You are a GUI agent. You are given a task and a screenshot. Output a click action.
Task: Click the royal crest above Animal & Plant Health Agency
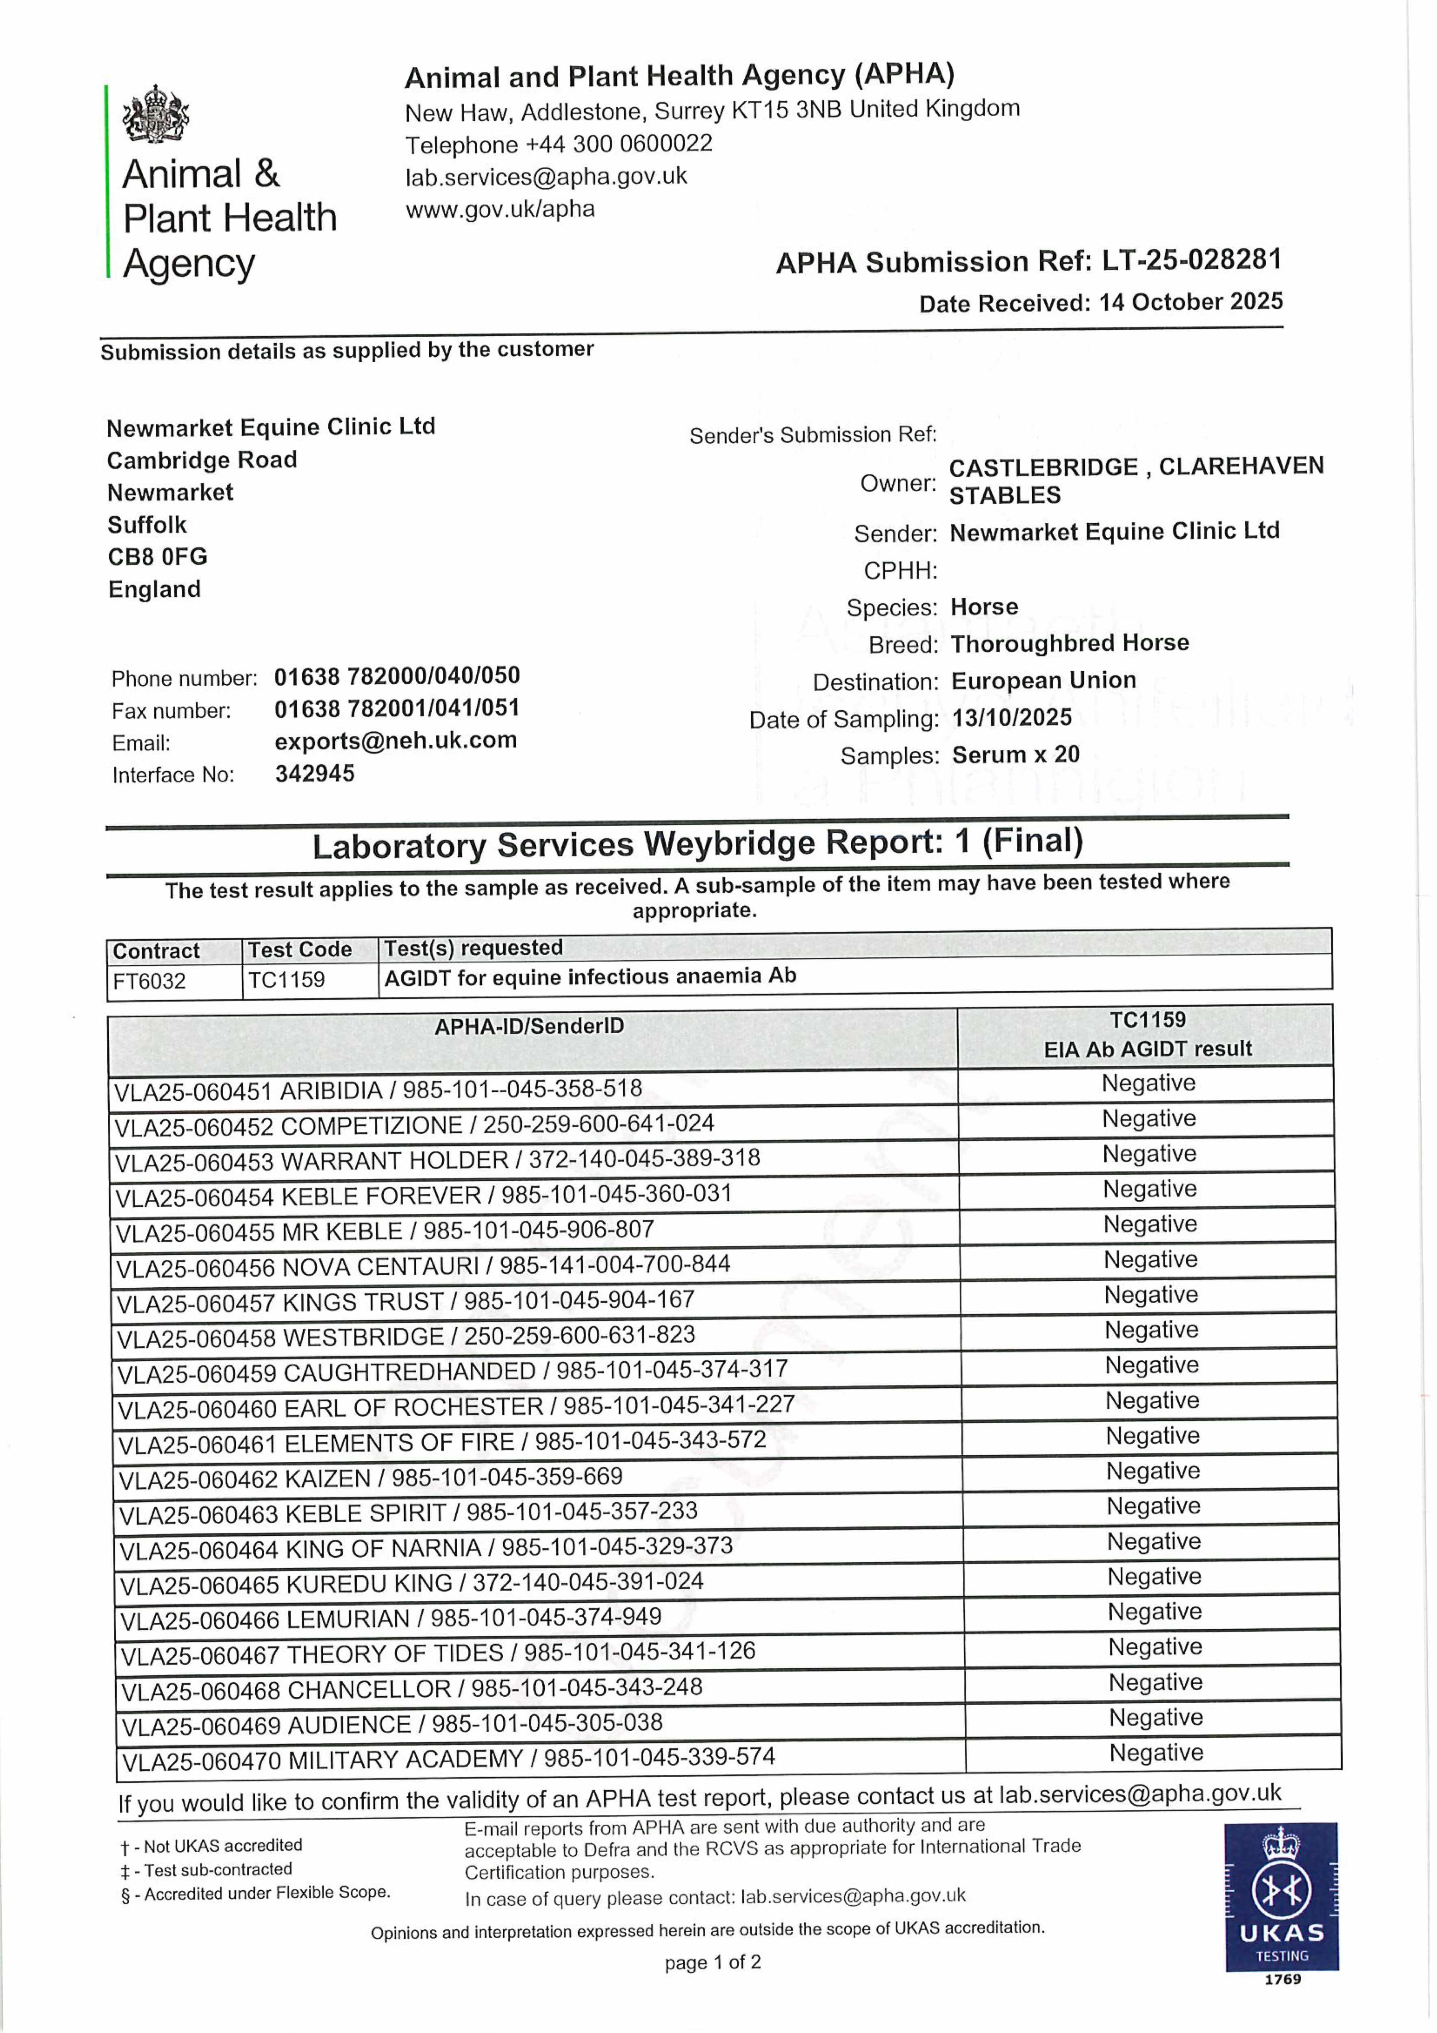156,114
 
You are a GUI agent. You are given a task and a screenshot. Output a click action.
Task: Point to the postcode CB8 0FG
158,557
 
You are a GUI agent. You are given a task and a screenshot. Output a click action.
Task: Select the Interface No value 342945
314,774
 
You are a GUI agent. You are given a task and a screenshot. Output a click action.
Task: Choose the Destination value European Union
1043,681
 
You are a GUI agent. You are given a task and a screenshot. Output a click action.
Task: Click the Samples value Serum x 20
1015,755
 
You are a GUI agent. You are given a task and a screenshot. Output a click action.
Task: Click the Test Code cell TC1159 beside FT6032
286,980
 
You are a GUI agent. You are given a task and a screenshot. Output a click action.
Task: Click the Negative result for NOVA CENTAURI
1150,1260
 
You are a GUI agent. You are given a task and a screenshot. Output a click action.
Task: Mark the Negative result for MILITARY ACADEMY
1155,1753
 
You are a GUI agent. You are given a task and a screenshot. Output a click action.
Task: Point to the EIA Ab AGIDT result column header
1148,1049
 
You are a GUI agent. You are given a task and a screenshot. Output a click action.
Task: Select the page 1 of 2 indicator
713,1962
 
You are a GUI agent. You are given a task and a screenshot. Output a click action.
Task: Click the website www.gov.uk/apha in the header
500,210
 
